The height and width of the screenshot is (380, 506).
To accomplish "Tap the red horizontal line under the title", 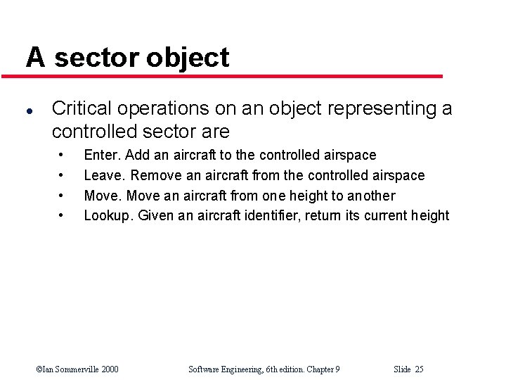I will click(x=232, y=76).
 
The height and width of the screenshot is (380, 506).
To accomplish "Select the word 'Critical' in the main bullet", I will click(x=82, y=108).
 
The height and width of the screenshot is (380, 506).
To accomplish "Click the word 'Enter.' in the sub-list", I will click(x=102, y=155).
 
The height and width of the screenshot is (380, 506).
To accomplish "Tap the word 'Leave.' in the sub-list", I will click(x=105, y=175).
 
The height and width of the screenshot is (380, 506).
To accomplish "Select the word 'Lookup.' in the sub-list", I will click(x=108, y=216).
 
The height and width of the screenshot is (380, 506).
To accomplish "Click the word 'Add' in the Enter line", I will click(x=137, y=155).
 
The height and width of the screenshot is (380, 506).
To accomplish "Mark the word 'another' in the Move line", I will click(x=370, y=196).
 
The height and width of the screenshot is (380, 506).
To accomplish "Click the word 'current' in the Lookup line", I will click(x=386, y=216).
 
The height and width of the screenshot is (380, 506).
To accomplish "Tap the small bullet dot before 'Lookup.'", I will click(x=63, y=215).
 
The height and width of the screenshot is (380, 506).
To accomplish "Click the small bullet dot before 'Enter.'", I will click(x=63, y=154).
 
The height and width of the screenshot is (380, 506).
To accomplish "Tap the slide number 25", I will click(x=419, y=369).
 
